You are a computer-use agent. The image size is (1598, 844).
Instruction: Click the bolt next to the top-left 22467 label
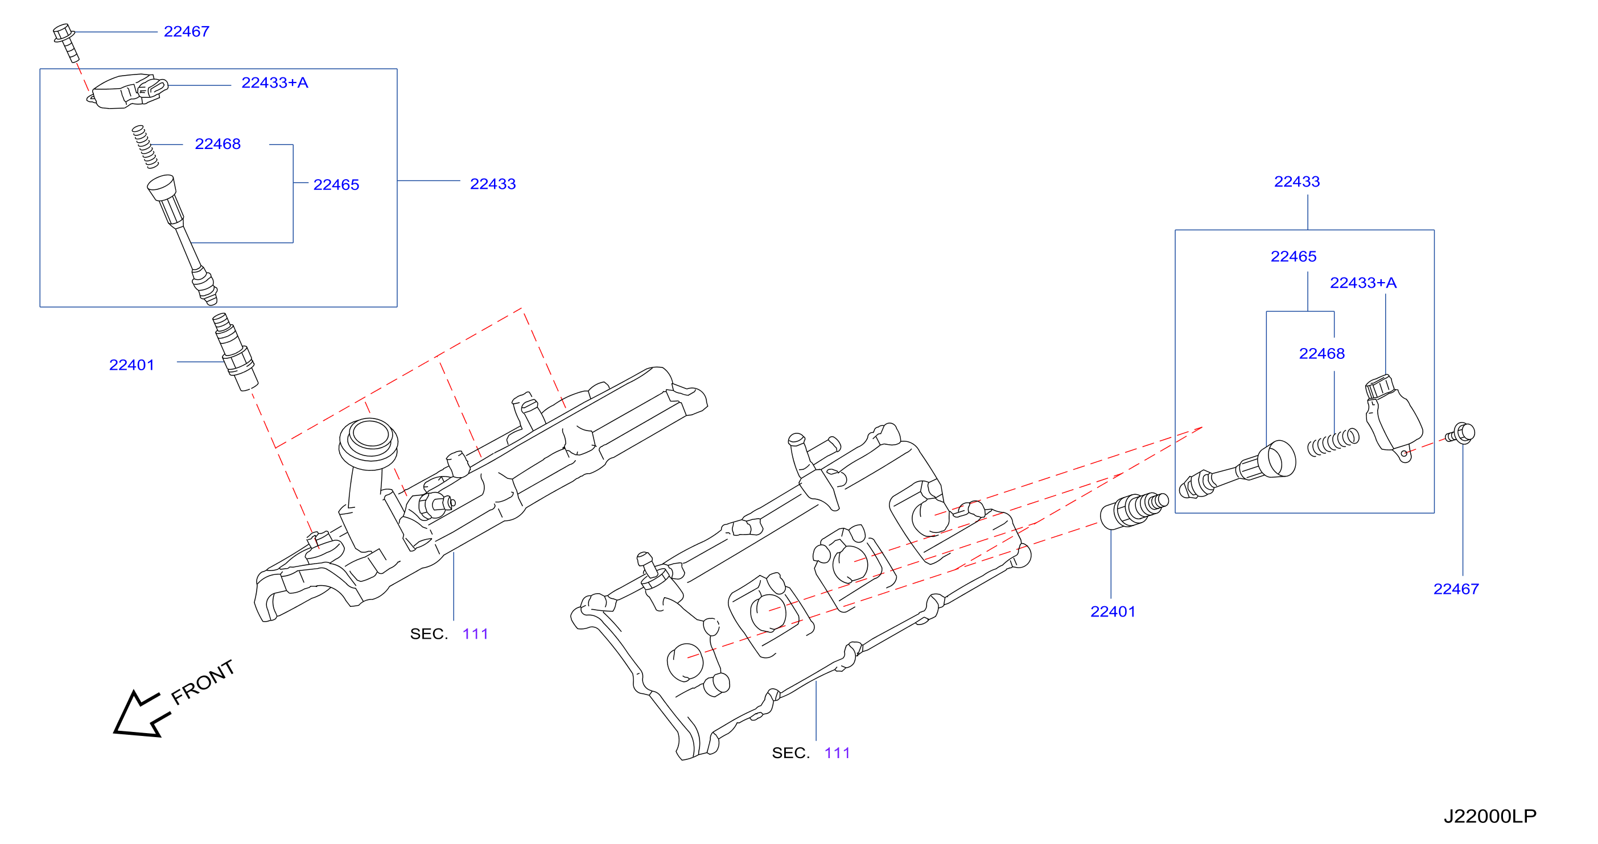[66, 42]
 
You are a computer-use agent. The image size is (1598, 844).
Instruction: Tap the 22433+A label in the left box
[274, 82]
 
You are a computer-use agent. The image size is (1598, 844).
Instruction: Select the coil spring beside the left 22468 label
[145, 146]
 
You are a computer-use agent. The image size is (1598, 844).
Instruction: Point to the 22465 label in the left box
[336, 185]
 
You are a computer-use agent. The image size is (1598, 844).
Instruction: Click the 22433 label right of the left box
[493, 184]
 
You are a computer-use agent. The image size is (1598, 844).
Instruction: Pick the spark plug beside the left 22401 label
[235, 351]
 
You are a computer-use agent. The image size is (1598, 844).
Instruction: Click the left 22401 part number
[131, 365]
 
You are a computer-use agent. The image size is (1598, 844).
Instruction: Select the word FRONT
[203, 682]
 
